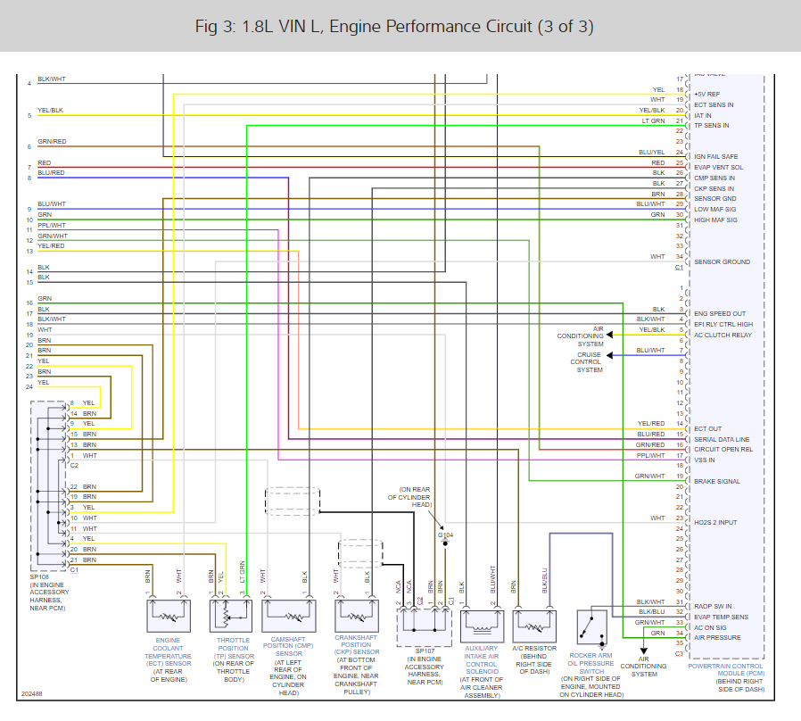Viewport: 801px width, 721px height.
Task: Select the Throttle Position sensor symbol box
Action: point(231,616)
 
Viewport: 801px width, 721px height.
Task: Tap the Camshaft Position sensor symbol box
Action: point(289,616)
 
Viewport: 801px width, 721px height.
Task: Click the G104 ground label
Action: point(445,535)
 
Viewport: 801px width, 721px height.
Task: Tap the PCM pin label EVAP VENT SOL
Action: point(718,167)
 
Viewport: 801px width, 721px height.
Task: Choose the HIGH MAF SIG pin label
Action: point(715,220)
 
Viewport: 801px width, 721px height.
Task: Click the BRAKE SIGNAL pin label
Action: point(716,481)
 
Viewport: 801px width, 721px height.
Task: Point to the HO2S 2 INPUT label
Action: point(715,522)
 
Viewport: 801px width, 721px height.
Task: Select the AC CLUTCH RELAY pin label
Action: point(723,335)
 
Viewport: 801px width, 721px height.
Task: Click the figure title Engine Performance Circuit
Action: point(394,26)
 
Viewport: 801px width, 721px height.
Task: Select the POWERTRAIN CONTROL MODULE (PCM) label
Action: point(725,670)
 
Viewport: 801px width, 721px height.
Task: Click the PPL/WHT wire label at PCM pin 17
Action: point(650,455)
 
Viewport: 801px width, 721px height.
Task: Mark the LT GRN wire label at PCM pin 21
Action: point(653,120)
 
